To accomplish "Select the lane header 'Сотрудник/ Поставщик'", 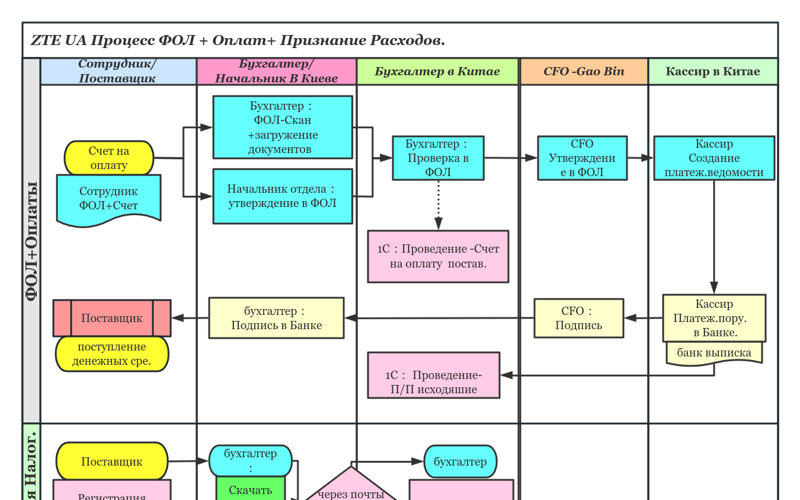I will click(117, 71).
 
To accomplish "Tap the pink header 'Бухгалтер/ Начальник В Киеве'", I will click(276, 71).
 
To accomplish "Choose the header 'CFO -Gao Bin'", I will click(584, 71).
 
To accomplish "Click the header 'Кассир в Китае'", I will click(712, 71).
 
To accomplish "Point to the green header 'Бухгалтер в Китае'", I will click(437, 71).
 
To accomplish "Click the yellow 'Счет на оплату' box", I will click(109, 158).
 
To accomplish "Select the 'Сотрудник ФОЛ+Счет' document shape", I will click(108, 199).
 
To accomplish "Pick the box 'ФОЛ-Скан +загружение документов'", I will click(283, 127).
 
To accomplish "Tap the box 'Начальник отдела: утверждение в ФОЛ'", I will click(283, 196).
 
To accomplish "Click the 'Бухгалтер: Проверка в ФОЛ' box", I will click(438, 158).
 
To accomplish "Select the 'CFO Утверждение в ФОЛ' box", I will click(582, 158).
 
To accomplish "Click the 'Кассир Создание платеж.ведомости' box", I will click(713, 158).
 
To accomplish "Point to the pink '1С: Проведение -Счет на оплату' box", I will click(438, 256).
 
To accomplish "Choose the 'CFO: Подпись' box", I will click(578, 318).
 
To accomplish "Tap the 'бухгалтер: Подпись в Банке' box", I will click(276, 318).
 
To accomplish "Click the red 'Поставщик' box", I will click(112, 318).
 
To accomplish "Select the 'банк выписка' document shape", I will click(713, 353).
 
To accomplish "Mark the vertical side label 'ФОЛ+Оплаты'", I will click(31, 240).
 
